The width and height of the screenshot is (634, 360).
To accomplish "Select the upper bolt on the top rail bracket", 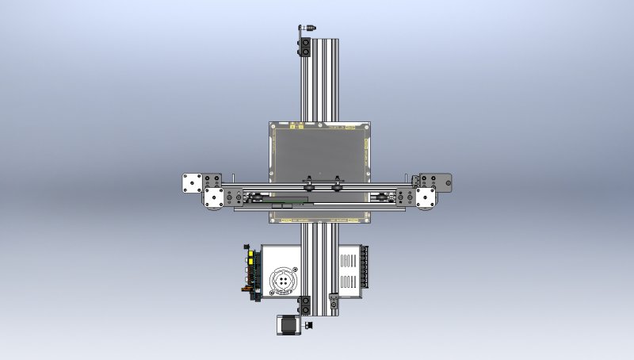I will coord(304,42).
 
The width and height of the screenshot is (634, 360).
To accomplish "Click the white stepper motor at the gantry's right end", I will coord(426,197).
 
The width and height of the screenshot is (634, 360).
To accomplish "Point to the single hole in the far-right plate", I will coord(445,183).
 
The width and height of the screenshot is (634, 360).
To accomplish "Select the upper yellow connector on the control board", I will coord(250,253).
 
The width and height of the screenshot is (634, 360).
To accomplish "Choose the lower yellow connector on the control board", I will coord(250,265).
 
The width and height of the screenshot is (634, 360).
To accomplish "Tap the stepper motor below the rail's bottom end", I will coord(286,325).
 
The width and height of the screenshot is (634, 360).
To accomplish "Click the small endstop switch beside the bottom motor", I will coord(308,324).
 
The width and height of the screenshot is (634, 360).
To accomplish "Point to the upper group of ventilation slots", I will coord(349,259).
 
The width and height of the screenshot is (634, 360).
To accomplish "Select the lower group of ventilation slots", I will coord(349,280).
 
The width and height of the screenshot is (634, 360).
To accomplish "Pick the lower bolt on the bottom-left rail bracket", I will coord(304,309).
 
